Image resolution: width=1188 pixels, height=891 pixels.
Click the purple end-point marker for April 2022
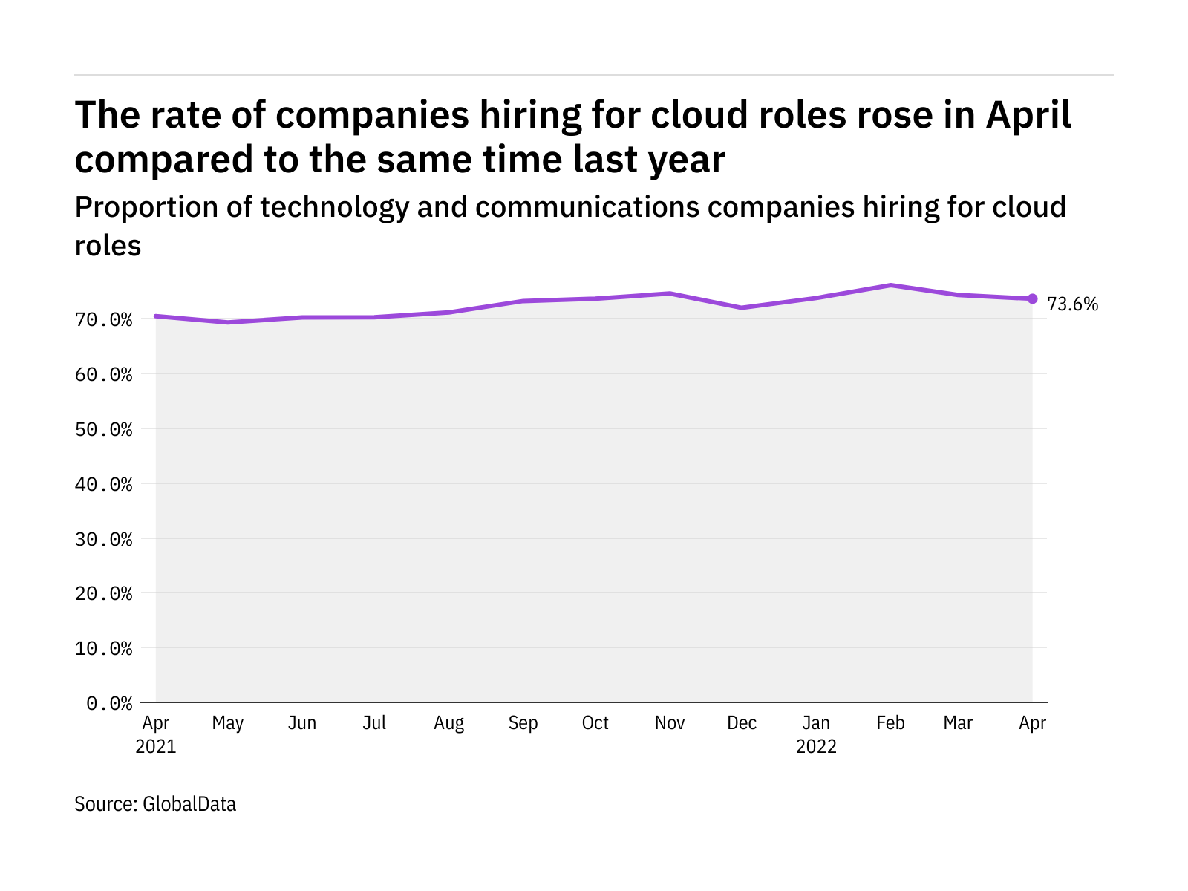pyautogui.click(x=1032, y=298)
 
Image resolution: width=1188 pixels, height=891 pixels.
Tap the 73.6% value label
pyautogui.click(x=1072, y=304)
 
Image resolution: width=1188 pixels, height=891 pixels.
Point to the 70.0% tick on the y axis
pyautogui.click(x=104, y=320)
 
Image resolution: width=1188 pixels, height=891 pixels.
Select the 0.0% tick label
pyautogui.click(x=109, y=703)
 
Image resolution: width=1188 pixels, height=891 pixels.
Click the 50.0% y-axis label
pyautogui.click(x=104, y=430)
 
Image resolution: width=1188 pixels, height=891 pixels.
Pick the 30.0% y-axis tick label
pyautogui.click(x=104, y=539)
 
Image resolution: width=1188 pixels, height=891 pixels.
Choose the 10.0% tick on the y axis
pyautogui.click(x=104, y=649)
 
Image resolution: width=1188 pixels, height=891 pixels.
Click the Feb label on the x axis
pyautogui.click(x=890, y=723)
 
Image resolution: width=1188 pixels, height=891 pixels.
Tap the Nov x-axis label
pyautogui.click(x=670, y=723)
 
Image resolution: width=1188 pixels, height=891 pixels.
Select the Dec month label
pyautogui.click(x=742, y=723)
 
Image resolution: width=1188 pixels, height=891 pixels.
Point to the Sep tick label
pyautogui.click(x=523, y=723)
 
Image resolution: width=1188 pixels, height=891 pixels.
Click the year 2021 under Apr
pyautogui.click(x=156, y=747)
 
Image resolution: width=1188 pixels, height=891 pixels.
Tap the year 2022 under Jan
pyautogui.click(x=816, y=747)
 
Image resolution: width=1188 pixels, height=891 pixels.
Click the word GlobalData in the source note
pyautogui.click(x=189, y=804)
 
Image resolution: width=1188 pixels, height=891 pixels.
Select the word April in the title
pyautogui.click(x=1028, y=116)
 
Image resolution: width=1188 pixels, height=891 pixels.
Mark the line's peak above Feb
pyautogui.click(x=890, y=285)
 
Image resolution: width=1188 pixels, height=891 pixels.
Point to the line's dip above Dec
pyautogui.click(x=742, y=307)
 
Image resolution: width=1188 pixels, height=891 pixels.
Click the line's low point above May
pyautogui.click(x=228, y=322)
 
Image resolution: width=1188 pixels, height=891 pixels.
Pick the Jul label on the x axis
pyautogui.click(x=374, y=723)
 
